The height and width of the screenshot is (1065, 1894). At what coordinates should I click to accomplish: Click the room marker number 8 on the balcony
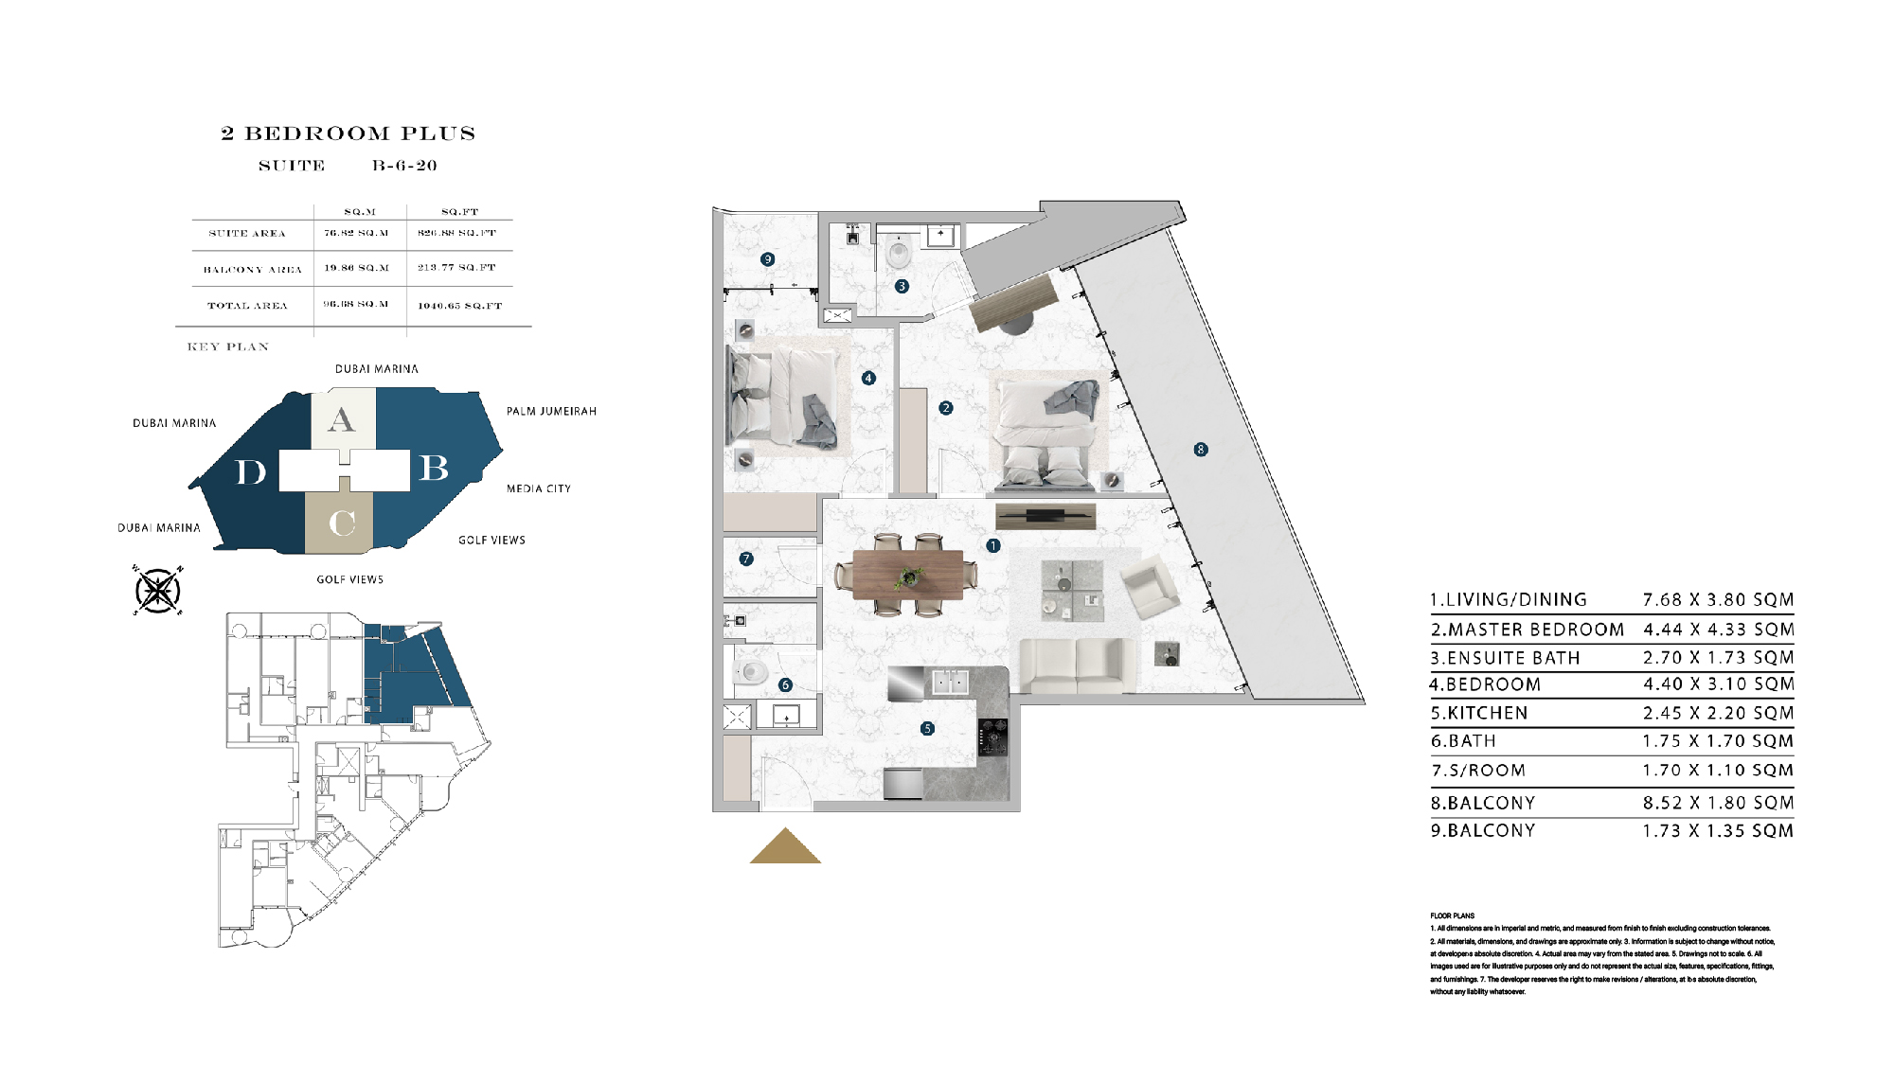click(1200, 450)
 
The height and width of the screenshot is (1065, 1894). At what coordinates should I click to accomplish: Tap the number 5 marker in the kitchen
click(927, 728)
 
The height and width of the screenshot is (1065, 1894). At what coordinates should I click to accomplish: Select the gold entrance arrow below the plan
click(785, 846)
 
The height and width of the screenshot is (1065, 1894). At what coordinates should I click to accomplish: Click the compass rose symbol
click(158, 591)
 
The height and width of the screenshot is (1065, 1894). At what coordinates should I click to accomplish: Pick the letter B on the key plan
click(434, 468)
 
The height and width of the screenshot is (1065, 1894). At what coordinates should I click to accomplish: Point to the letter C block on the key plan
click(341, 523)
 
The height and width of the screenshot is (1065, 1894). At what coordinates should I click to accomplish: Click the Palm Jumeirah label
click(551, 412)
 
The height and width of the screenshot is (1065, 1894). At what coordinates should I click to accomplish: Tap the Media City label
click(538, 488)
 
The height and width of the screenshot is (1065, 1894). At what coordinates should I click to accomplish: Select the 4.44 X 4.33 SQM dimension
click(1718, 630)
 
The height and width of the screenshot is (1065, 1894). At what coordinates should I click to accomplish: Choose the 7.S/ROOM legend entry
click(1477, 771)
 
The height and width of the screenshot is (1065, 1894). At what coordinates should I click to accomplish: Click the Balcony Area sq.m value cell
click(357, 268)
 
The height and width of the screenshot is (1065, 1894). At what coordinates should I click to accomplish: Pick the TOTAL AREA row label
click(247, 306)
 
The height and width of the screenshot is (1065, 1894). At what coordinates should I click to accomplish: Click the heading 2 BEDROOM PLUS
click(348, 133)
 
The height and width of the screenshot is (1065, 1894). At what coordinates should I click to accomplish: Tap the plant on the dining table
click(910, 576)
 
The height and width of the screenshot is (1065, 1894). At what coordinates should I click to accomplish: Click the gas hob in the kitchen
click(992, 737)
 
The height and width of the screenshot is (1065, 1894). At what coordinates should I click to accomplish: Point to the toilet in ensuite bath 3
click(898, 253)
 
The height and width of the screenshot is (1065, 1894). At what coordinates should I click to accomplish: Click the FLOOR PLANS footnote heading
click(1452, 915)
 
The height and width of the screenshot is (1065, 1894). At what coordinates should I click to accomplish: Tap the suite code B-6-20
click(404, 166)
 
